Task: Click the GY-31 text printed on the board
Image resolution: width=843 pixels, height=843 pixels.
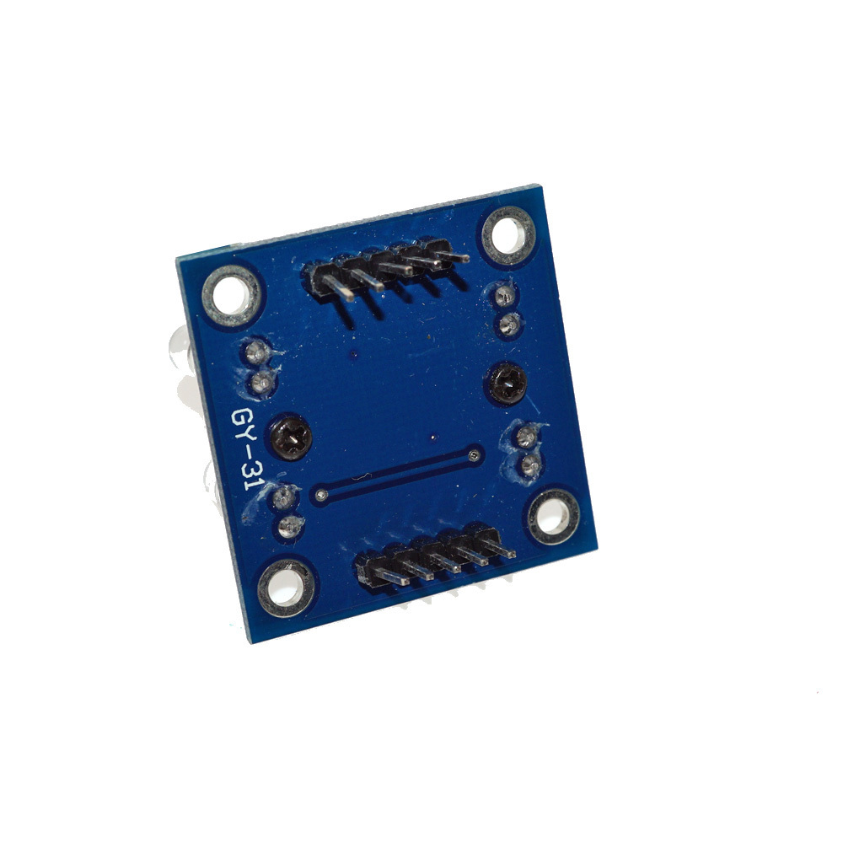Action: [250, 456]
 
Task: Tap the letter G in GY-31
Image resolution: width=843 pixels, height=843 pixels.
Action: [244, 420]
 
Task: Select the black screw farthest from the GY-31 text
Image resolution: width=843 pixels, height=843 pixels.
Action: [507, 384]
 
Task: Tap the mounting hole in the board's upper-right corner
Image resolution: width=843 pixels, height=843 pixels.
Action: [507, 236]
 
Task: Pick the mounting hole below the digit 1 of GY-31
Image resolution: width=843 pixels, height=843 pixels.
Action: [287, 588]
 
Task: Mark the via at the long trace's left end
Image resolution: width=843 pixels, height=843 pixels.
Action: [319, 494]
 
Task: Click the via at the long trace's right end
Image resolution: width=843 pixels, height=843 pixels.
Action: [473, 456]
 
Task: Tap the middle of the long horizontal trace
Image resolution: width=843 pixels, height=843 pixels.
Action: [396, 475]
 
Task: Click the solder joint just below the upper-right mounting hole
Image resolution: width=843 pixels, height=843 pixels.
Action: [505, 296]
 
